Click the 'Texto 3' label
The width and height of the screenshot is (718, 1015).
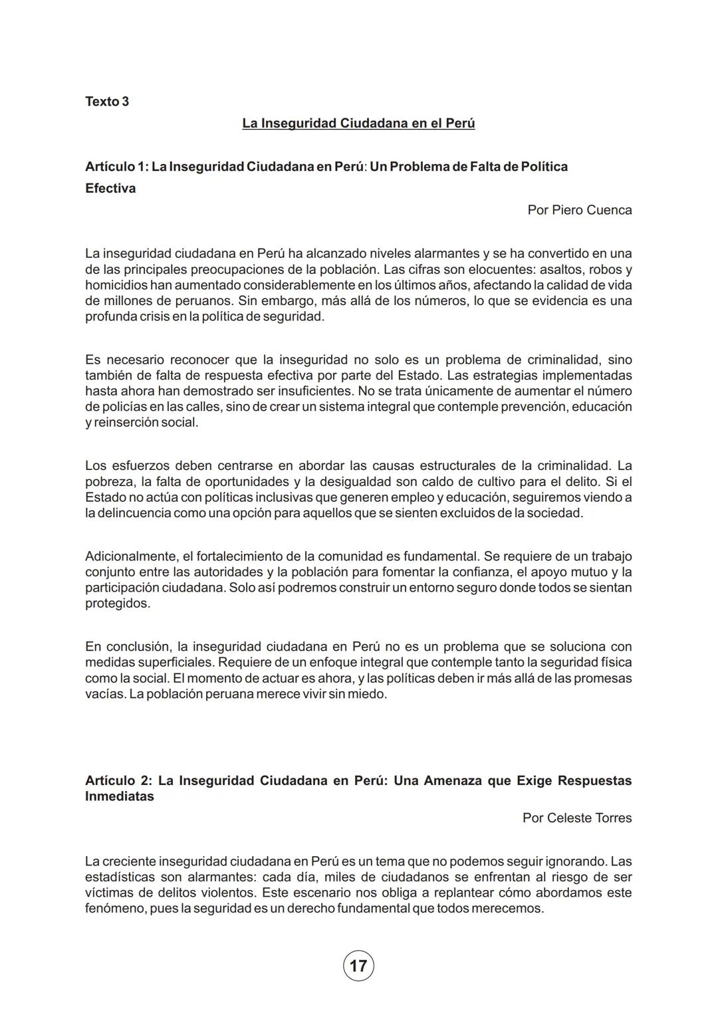[x=107, y=102]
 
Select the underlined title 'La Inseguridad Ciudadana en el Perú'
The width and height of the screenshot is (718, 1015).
[x=358, y=124]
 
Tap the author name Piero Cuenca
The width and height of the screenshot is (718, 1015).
[x=579, y=210]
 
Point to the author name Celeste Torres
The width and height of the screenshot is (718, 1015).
[x=576, y=818]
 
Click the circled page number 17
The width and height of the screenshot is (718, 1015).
[x=358, y=966]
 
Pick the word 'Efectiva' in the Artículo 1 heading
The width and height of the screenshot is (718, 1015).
[x=110, y=189]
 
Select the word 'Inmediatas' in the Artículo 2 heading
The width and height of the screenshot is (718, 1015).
[x=120, y=796]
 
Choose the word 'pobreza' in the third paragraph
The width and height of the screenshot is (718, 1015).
[x=108, y=482]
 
